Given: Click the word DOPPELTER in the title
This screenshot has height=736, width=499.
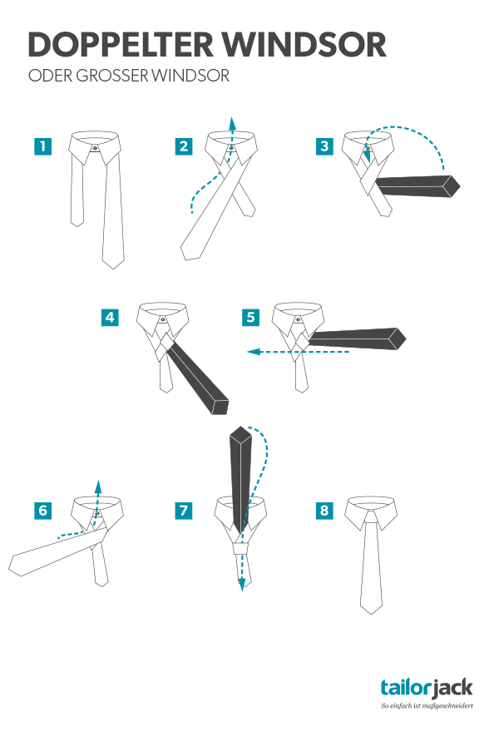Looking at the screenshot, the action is tap(121, 45).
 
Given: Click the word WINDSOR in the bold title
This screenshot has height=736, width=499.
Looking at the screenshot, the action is tap(304, 45).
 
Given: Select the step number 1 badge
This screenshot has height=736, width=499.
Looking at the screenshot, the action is tap(42, 146).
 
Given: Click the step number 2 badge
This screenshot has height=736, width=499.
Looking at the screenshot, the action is tap(184, 146).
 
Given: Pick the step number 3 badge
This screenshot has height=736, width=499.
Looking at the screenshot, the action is tap(324, 146).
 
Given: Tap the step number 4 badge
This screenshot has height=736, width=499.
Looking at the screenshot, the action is tap(110, 317).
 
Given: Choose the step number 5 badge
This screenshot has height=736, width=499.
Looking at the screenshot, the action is tap(250, 317).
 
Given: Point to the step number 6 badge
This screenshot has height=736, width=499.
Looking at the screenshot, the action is tap(42, 511).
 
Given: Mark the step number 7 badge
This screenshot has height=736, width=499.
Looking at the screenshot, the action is tap(184, 511).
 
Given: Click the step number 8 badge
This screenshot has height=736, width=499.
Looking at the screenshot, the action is tap(324, 511).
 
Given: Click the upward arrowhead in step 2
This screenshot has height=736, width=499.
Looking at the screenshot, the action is tap(231, 122).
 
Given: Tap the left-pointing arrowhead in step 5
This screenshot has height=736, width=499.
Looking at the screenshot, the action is tap(254, 351).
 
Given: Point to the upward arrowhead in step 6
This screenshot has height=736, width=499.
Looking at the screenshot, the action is tap(97, 486).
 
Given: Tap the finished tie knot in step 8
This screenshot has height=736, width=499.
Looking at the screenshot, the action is tap(371, 518).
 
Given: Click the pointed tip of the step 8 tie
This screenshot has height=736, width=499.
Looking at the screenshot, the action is tap(371, 614).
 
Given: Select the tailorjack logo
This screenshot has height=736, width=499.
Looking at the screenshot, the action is tap(427, 688).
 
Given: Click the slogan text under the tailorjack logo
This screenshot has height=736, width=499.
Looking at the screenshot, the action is tap(427, 705).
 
